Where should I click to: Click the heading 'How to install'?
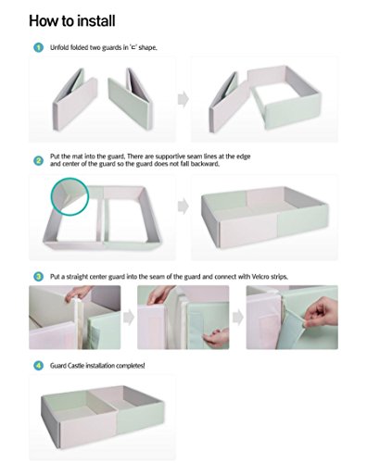point(72,21)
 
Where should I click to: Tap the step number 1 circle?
point(38,47)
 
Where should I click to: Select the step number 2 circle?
point(38,160)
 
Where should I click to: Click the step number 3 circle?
point(38,277)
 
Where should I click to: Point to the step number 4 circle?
point(38,366)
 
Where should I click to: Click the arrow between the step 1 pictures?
point(183,99)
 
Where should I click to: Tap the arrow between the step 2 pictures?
point(183,206)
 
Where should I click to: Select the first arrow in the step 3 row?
point(129,318)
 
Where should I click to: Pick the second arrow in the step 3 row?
point(238,318)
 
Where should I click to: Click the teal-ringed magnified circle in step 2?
point(70,196)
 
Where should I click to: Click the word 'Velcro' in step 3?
point(260,277)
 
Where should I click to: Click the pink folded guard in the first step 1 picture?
point(75,99)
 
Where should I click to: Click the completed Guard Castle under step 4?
point(103,413)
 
